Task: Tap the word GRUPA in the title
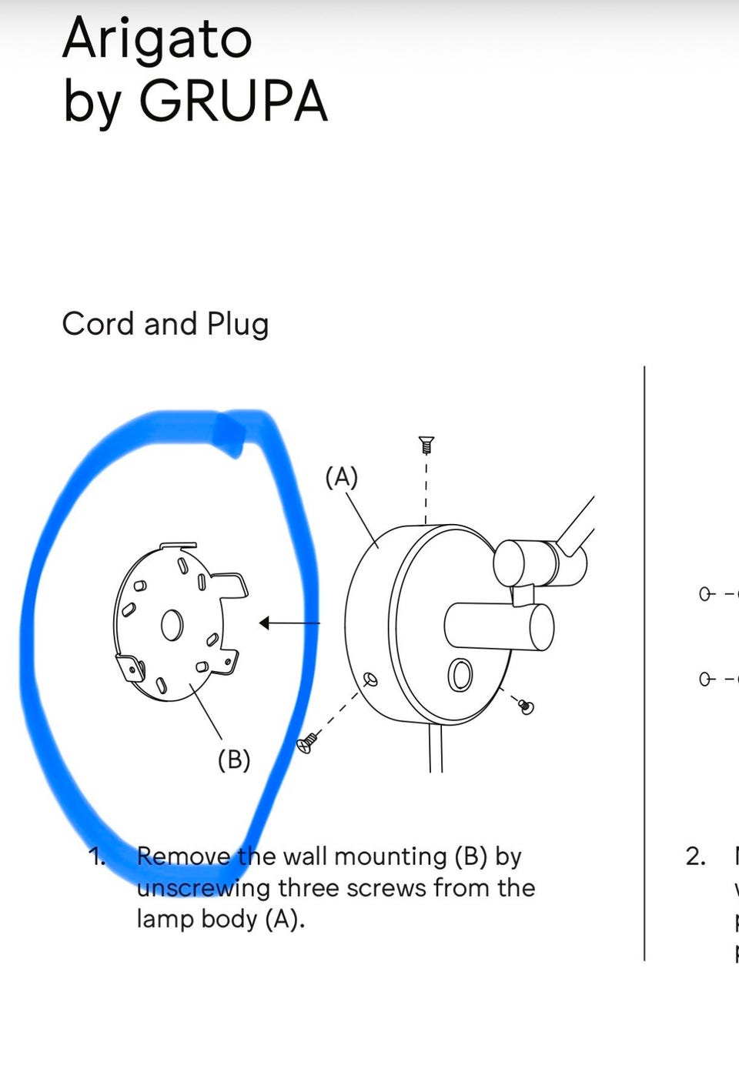point(233,101)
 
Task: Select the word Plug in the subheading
point(238,324)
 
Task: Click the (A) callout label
point(342,477)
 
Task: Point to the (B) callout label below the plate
point(234,760)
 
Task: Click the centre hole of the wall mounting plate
point(172,625)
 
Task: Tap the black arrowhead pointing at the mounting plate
point(265,623)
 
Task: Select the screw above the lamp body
point(426,445)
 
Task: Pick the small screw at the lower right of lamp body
point(526,706)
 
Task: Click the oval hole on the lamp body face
point(460,674)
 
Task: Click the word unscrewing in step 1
point(203,888)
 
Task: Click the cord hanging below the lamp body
point(436,748)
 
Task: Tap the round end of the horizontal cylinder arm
point(542,627)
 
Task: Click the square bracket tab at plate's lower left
point(131,667)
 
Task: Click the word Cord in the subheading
point(98,324)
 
